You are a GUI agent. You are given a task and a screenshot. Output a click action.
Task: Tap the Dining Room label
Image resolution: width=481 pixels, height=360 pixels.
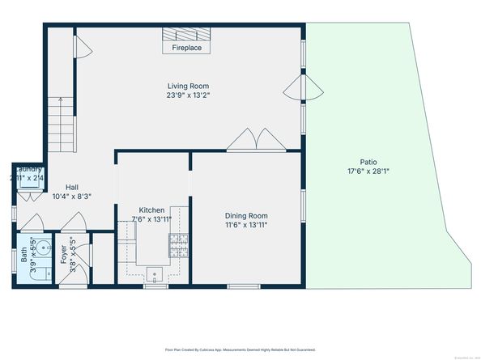[246, 215]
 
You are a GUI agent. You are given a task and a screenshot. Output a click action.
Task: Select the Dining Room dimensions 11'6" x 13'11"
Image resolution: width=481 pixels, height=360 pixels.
[246, 225]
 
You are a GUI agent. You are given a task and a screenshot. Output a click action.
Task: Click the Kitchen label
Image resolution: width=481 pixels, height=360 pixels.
[151, 210]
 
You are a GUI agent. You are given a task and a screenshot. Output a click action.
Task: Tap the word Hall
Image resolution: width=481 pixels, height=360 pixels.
[72, 187]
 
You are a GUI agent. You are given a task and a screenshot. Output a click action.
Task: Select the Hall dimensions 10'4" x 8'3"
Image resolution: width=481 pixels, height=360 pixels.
[72, 197]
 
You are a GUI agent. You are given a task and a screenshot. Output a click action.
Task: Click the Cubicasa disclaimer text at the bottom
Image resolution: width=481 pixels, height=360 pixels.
[240, 350]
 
